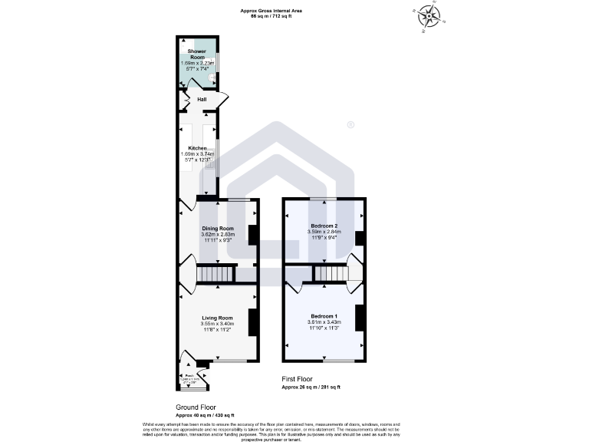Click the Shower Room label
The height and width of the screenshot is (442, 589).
pyautogui.click(x=198, y=54)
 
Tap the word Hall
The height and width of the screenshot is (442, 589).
pyautogui.click(x=202, y=99)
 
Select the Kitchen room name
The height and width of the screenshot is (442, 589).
pyautogui.click(x=198, y=147)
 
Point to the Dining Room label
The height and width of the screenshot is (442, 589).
pyautogui.click(x=217, y=228)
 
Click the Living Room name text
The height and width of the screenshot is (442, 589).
pyautogui.click(x=217, y=318)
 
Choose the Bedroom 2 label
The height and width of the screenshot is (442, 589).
pyautogui.click(x=324, y=226)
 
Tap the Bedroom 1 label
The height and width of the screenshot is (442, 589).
pyautogui.click(x=324, y=316)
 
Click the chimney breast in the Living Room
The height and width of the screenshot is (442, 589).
pyautogui.click(x=252, y=321)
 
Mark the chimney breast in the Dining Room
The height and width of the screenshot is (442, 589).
pyautogui.click(x=252, y=235)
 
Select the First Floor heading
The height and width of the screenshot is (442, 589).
pyautogui.click(x=299, y=380)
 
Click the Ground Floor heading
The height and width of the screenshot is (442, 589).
pyautogui.click(x=196, y=407)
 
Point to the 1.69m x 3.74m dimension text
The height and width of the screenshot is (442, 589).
pyautogui.click(x=198, y=153)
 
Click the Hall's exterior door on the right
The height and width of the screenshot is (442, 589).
pyautogui.click(x=222, y=100)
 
